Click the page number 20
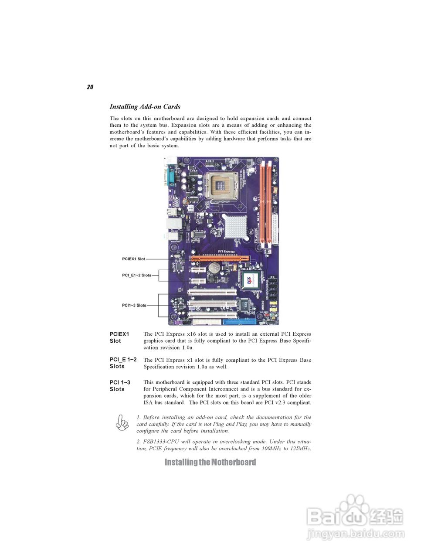point(90,87)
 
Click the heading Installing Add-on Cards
point(145,107)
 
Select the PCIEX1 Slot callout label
point(133,259)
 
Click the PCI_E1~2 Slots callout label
point(136,275)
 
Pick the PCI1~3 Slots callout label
point(134,305)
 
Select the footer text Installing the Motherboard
point(210,462)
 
